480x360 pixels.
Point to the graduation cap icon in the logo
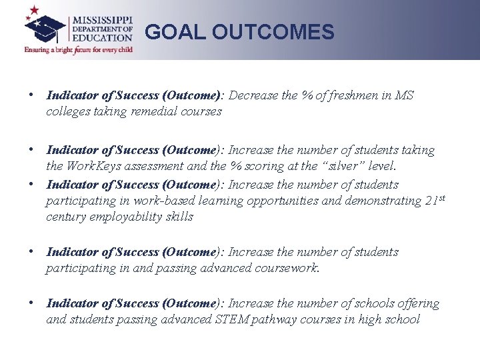45,27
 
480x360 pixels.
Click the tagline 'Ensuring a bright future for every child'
78,49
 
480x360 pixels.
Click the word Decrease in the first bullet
255,95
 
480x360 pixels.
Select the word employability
127,217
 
